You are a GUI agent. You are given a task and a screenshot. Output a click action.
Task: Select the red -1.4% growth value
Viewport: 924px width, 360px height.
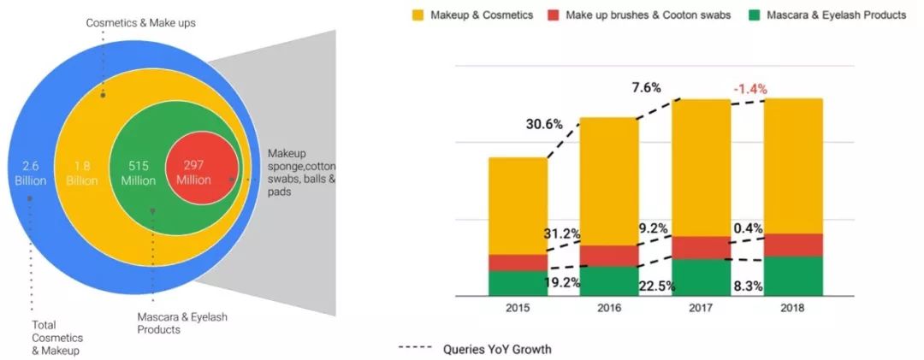pyautogui.click(x=749, y=88)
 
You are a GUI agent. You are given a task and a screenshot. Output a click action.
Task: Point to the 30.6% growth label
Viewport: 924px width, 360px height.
pyautogui.click(x=544, y=124)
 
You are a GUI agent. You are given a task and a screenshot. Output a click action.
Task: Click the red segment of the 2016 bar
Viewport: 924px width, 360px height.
pyautogui.click(x=609, y=255)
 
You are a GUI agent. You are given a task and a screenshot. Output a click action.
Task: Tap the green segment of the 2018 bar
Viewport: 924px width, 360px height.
pyautogui.click(x=793, y=275)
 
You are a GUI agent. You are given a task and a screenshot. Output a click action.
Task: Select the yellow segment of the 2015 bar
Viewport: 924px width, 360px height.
pyautogui.click(x=518, y=205)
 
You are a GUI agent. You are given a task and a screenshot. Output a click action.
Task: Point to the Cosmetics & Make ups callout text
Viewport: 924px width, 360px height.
pyautogui.click(x=140, y=22)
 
